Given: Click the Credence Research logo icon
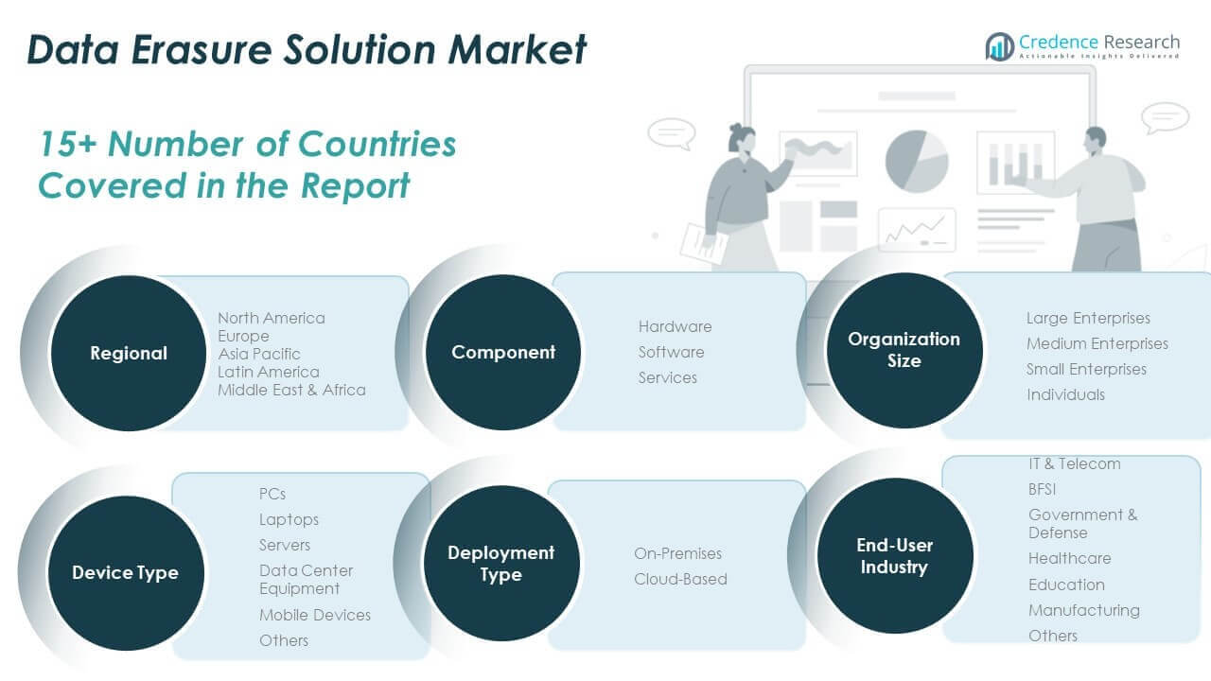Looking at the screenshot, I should (x=999, y=45).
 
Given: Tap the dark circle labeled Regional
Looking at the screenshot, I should (x=128, y=353).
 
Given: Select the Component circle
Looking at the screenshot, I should (x=503, y=352).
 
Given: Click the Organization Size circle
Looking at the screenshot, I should (x=904, y=350).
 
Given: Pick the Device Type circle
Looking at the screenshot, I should (x=125, y=572).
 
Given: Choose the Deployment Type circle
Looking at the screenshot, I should (x=500, y=564).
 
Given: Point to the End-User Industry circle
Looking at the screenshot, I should (x=894, y=556).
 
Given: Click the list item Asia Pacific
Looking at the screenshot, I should (x=259, y=354).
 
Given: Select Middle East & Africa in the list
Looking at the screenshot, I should (x=291, y=390).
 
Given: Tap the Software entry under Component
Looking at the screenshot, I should (x=671, y=352).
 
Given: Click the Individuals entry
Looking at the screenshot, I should (x=1065, y=394).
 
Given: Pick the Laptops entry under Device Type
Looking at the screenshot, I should (x=289, y=519).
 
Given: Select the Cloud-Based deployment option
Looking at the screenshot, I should (x=680, y=579).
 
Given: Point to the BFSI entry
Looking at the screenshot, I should (x=1042, y=489).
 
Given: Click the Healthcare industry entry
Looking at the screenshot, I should (x=1069, y=558).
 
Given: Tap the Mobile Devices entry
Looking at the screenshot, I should (x=315, y=615).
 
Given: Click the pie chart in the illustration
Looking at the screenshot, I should (x=916, y=160).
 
